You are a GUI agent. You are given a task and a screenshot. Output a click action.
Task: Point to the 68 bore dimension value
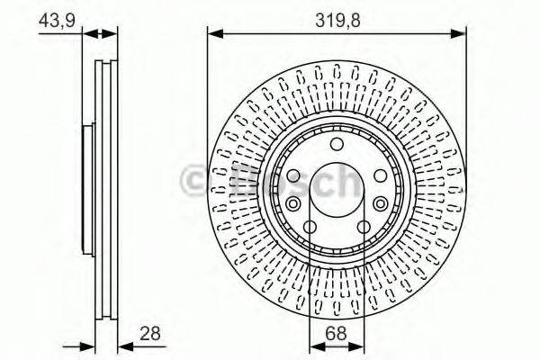(x=337, y=334)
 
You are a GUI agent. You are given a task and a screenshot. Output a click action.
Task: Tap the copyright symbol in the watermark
(x=193, y=183)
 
